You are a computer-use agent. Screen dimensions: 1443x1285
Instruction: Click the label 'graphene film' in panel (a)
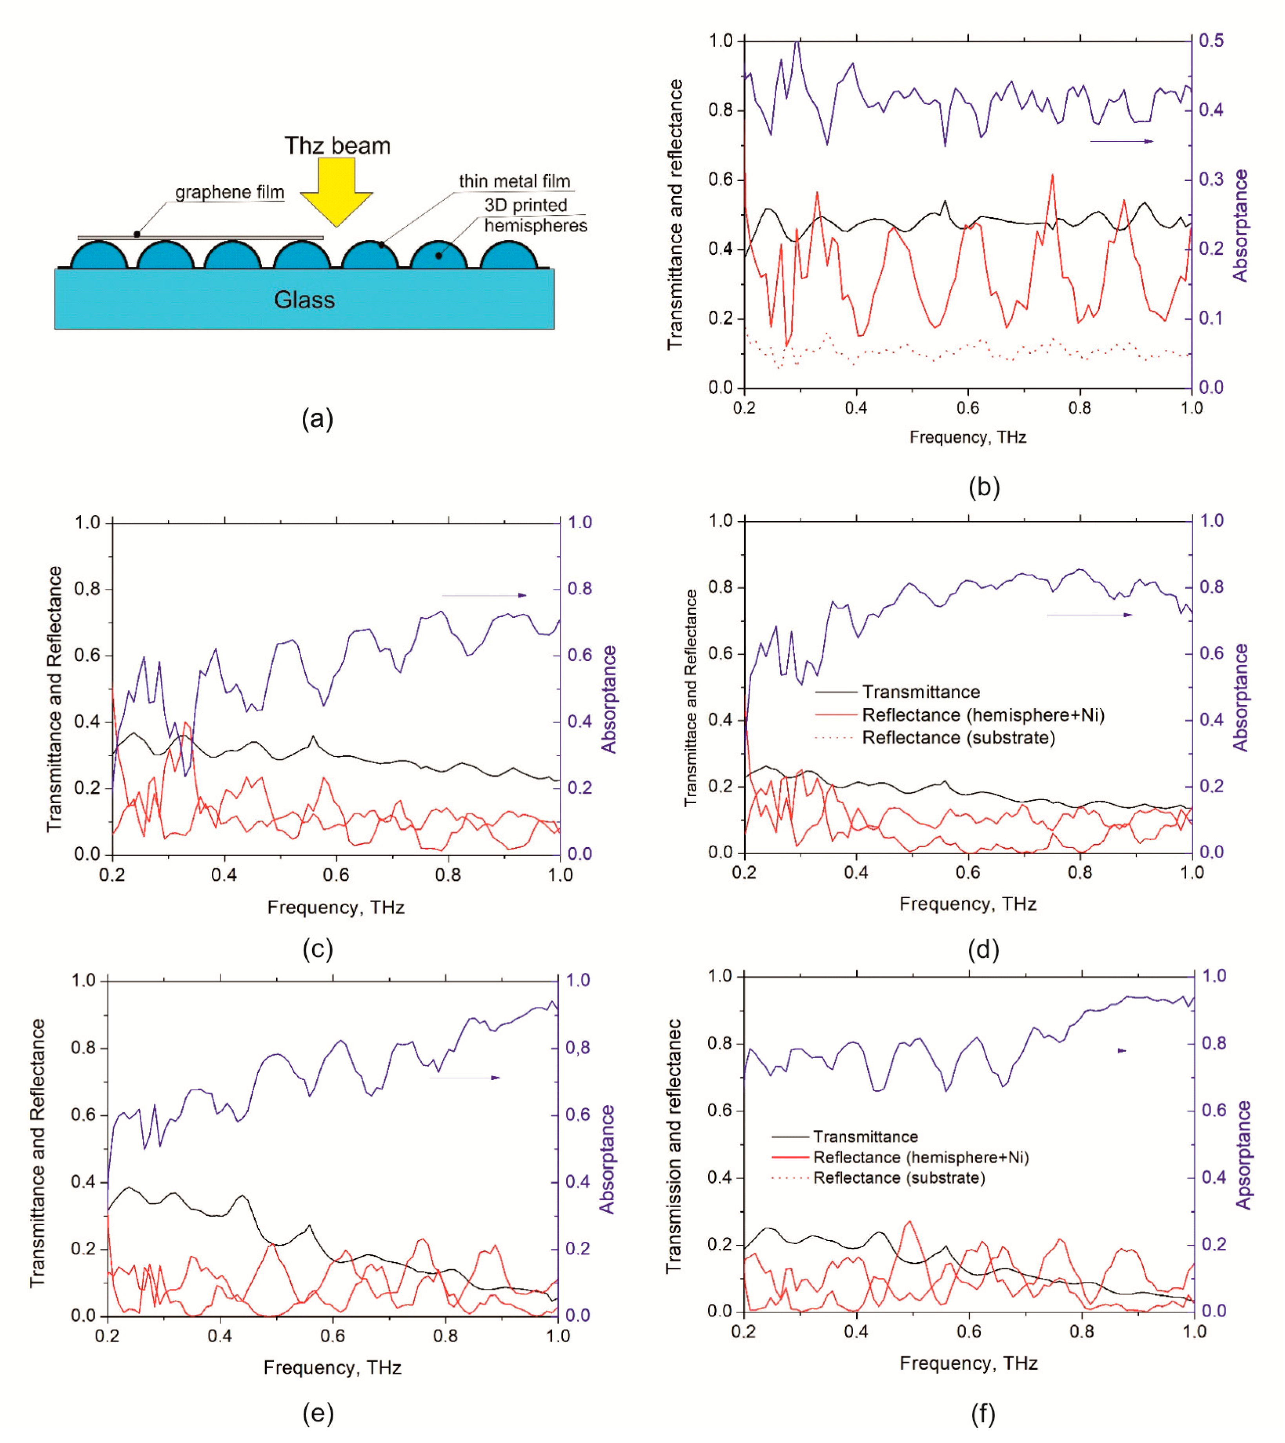[229, 192]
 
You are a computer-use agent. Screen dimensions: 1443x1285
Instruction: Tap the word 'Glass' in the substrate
[304, 300]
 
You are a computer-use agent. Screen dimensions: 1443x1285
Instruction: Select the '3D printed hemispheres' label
[535, 215]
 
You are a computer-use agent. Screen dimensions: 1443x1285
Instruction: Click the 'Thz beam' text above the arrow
[337, 146]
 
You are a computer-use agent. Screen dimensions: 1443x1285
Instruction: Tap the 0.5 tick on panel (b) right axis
[1211, 40]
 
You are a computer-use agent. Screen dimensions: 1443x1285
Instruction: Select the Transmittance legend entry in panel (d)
[920, 692]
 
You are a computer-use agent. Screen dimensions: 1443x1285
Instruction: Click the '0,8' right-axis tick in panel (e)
[577, 1048]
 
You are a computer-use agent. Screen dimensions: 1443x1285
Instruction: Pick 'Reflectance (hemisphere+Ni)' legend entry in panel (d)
[982, 715]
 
